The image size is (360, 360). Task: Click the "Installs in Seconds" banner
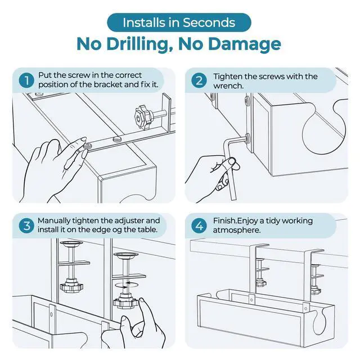(x=179, y=22)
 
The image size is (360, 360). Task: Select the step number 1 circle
(x=26, y=80)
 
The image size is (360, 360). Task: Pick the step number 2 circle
(x=199, y=80)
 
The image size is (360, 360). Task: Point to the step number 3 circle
(x=26, y=226)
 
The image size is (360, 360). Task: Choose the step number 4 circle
(x=199, y=226)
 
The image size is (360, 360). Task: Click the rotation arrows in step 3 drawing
(x=127, y=285)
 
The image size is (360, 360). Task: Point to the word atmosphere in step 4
(x=237, y=230)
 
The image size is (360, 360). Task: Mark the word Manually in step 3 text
(x=54, y=221)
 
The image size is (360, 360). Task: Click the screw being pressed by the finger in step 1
(x=88, y=146)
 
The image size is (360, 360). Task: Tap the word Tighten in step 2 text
(x=227, y=76)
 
